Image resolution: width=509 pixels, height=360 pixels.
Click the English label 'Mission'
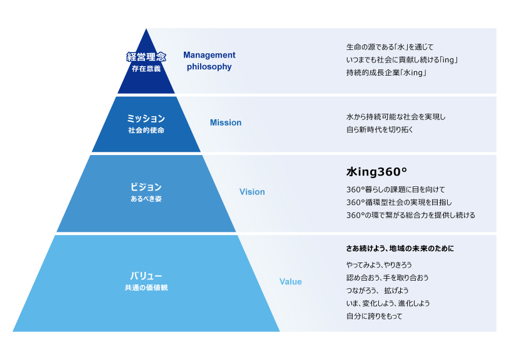tap(225, 122)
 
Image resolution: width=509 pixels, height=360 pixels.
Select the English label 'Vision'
tap(252, 192)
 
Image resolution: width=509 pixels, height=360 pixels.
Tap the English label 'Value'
tap(290, 282)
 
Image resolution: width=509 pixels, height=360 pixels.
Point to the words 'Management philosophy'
tap(209, 61)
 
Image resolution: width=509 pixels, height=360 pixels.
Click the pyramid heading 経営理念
tap(146, 57)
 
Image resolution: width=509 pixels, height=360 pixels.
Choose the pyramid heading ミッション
tap(146, 118)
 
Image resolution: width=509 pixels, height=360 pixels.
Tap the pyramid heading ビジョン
tap(146, 187)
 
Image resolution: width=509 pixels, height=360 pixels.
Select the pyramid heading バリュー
tap(146, 276)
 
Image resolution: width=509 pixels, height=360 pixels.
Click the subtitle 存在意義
tap(146, 69)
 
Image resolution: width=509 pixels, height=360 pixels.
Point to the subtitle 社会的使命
tap(146, 130)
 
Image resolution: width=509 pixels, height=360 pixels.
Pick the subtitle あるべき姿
tap(146, 199)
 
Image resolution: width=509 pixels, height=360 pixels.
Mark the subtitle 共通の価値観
tap(146, 287)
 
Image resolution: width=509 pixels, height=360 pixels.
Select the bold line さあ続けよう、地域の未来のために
tap(400, 249)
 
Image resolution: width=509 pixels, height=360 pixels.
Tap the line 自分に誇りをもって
tap(374, 316)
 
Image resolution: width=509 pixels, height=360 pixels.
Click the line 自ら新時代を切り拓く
tap(380, 129)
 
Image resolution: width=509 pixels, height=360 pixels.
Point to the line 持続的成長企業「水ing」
tap(386, 72)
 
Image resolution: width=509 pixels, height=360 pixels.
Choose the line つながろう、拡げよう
tap(377, 290)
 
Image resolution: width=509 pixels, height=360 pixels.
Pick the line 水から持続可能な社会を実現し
tap(396, 117)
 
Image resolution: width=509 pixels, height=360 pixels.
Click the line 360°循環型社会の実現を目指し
tap(399, 202)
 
